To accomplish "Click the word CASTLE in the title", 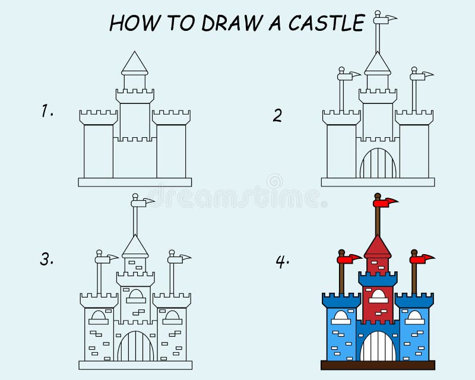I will [x=326, y=23].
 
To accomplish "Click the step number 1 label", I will [x=47, y=110].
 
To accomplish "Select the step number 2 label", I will [x=277, y=115].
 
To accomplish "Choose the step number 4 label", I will [x=282, y=261].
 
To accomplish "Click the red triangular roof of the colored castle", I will [x=378, y=246].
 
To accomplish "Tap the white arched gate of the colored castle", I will [x=378, y=347].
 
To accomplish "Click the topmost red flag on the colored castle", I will [x=388, y=204].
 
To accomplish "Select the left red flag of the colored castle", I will [x=349, y=259].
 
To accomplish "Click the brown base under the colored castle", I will [x=378, y=365].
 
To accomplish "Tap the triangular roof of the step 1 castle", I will [x=135, y=63].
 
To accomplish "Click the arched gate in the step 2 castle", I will [x=378, y=164].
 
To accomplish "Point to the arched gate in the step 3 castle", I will [x=135, y=347].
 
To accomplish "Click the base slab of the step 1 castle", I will [x=135, y=182].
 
